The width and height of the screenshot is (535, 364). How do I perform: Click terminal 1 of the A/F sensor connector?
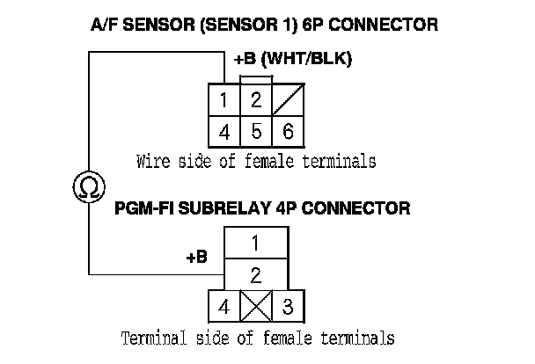[225, 100]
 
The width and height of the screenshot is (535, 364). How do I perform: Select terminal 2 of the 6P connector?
[255, 100]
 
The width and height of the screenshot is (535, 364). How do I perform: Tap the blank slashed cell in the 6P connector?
[286, 100]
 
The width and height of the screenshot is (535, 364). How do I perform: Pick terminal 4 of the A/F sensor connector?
[225, 132]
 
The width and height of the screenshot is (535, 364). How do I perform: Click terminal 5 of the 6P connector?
[255, 132]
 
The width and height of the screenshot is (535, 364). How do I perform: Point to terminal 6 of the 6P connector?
[286, 132]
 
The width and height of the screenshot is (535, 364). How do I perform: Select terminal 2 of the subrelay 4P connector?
[255, 274]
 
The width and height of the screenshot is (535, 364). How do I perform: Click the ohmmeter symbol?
[89, 186]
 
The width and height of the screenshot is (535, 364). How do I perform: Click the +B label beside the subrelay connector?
[196, 258]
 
